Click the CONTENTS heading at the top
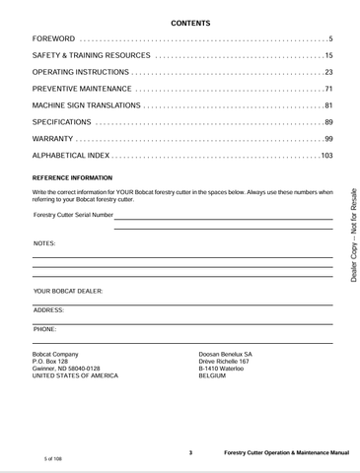coord(182,21)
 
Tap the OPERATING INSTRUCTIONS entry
coord(81,72)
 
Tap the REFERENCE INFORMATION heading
coord(79,177)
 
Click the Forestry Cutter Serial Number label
coord(73,214)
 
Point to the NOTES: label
coord(44,241)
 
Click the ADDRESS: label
coord(48,309)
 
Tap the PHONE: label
coord(44,328)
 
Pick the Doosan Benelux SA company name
coord(226,353)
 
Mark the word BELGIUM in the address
coord(212,376)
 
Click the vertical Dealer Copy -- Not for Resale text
coord(353,237)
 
